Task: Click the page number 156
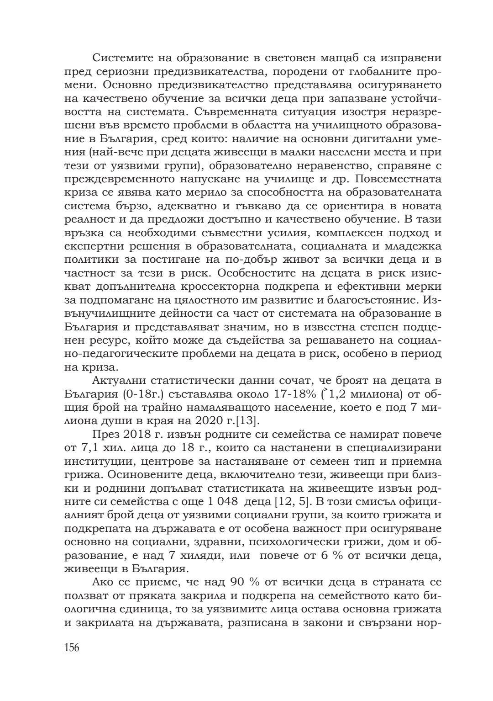click(x=72, y=648)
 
